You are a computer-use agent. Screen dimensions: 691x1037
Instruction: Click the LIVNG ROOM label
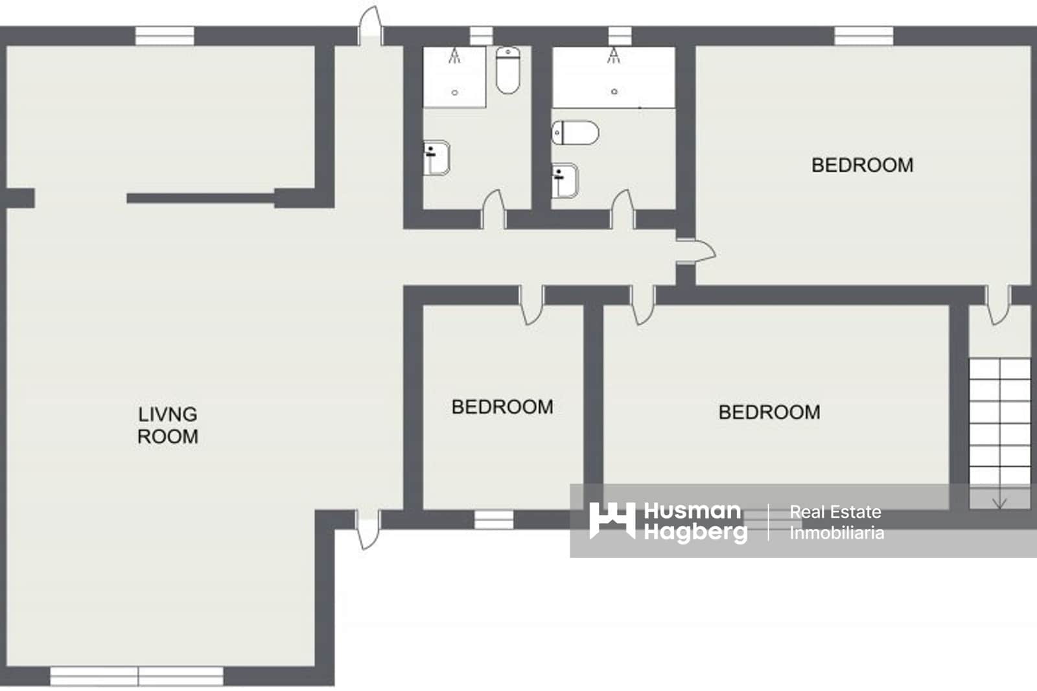coord(168,425)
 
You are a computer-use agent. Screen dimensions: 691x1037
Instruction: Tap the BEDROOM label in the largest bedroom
coord(862,165)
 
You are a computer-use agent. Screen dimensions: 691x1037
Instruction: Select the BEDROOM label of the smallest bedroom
coord(502,407)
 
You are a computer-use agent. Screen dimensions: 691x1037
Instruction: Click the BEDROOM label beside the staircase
coord(769,412)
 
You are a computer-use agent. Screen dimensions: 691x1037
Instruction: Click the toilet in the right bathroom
coord(576,133)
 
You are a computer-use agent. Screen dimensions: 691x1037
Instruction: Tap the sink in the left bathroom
coord(436,158)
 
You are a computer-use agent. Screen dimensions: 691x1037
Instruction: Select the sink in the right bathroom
coord(565,181)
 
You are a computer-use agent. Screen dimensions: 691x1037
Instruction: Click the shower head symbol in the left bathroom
coord(455,57)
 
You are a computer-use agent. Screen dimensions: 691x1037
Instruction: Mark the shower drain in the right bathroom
coord(614,92)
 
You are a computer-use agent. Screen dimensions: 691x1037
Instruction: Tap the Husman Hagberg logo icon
coord(612,521)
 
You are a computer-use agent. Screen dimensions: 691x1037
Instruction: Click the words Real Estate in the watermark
coord(835,512)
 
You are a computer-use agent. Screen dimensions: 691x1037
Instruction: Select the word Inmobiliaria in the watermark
coord(836,533)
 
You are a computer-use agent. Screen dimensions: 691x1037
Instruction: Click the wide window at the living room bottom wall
coord(137,676)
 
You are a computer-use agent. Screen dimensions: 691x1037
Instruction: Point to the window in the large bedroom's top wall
coord(863,36)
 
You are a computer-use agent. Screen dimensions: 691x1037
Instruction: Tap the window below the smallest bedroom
coord(494,519)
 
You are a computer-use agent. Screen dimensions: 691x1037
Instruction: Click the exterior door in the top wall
coord(370,26)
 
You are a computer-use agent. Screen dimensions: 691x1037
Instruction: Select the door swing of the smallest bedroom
coord(531,306)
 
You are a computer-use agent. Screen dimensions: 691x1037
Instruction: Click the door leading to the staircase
coord(997,305)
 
